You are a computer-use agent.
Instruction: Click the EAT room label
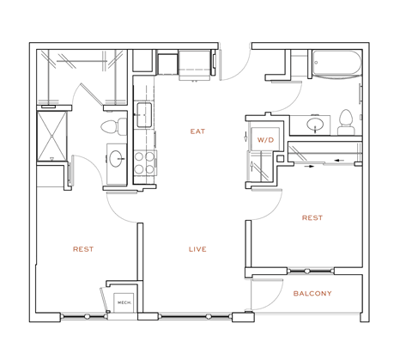click(197, 131)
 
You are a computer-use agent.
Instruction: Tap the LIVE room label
click(197, 249)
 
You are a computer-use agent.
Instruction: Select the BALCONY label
click(312, 294)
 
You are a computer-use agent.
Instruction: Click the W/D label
click(264, 139)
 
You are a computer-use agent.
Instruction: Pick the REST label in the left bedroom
click(83, 249)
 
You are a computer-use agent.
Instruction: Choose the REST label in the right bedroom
click(312, 217)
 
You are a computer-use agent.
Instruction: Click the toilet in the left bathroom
click(109, 128)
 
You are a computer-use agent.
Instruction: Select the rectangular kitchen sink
click(143, 113)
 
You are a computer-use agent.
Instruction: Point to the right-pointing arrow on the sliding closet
click(306, 167)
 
